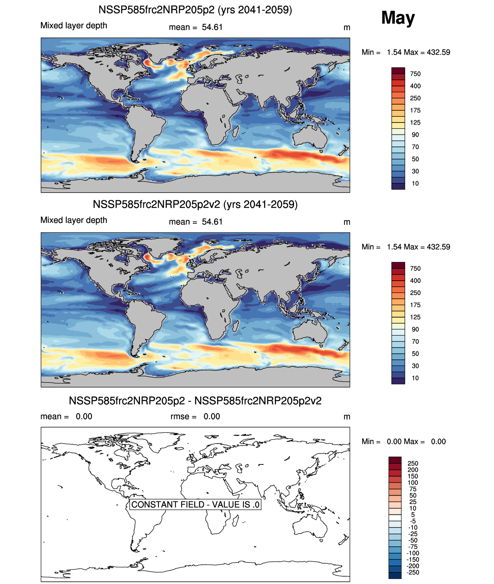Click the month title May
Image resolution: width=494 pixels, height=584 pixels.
point(398,18)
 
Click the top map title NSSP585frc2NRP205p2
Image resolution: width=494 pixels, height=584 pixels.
point(195,10)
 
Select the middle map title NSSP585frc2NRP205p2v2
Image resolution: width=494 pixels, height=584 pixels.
point(195,204)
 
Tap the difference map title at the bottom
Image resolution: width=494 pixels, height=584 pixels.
point(195,401)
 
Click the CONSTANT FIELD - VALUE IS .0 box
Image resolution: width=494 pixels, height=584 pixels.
point(195,504)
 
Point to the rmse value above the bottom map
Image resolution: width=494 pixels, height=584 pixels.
point(212,416)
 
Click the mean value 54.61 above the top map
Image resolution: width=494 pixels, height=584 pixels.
point(212,27)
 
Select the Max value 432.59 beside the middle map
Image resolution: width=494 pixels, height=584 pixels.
point(438,247)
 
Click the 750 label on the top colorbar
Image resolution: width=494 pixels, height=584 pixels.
point(415,74)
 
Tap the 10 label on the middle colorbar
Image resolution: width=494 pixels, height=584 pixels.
point(415,378)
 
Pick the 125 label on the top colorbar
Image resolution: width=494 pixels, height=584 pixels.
point(415,123)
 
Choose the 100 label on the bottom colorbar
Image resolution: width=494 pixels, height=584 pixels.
point(413,483)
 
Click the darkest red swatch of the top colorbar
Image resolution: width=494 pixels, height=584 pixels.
point(398,71)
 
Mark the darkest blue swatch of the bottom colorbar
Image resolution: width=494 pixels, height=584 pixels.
point(395,575)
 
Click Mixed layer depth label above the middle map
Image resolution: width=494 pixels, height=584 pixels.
point(74,220)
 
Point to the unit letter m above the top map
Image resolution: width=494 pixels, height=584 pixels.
point(347,27)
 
